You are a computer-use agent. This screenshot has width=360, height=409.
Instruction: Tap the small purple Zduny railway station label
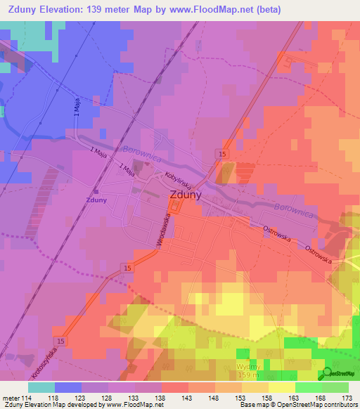pos(96,200)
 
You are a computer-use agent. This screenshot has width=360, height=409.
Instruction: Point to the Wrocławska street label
pos(162,229)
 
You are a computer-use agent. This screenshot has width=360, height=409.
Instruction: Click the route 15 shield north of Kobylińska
pos(222,153)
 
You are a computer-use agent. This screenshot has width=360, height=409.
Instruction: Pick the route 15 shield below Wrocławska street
pos(127,268)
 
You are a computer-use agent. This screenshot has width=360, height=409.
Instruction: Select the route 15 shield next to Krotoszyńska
pos(61,342)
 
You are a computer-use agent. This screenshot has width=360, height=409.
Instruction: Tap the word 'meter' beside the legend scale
pos(11,397)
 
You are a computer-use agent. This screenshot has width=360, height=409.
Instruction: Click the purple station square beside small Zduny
pos(96,191)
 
